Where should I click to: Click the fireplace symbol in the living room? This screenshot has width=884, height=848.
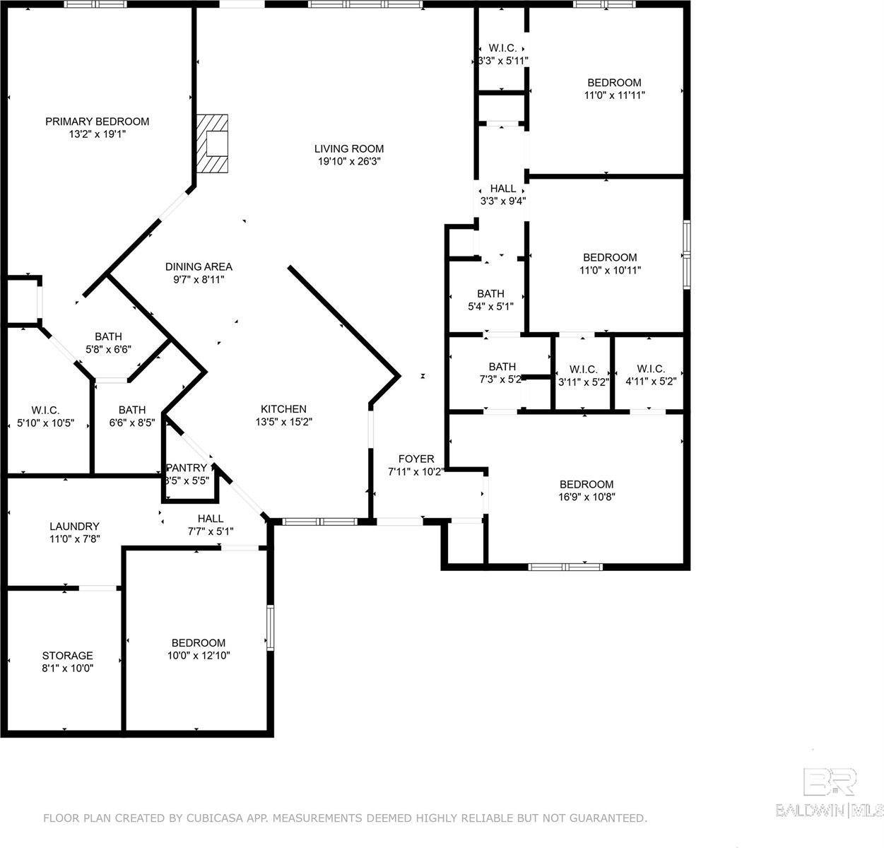tap(212, 143)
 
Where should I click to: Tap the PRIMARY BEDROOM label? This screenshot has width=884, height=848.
tap(98, 122)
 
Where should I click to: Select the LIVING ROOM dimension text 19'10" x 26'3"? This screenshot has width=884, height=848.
tap(349, 161)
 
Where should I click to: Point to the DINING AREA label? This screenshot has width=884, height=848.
tap(199, 266)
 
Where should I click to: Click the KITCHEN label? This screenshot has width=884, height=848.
tap(283, 408)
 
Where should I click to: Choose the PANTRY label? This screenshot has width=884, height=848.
tap(187, 468)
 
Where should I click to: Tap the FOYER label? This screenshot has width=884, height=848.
tap(416, 459)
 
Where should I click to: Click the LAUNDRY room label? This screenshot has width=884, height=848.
tap(74, 526)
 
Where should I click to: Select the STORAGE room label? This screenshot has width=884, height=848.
tap(68, 655)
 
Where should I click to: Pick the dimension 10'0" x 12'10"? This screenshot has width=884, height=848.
tap(199, 655)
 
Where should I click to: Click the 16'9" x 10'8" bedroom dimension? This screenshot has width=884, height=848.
tap(587, 497)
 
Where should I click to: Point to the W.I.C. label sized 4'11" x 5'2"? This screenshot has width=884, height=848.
tap(651, 369)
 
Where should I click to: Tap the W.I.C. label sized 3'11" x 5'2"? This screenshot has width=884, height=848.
tap(583, 370)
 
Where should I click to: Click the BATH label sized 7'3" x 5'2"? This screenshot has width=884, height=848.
tap(502, 367)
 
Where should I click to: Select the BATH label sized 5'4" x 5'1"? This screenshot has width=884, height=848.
tap(490, 293)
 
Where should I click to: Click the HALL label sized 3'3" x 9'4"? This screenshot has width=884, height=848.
tap(503, 189)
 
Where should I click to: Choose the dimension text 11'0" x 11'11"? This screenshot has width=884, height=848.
tap(614, 95)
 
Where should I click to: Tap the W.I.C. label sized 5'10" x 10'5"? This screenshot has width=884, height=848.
tap(45, 411)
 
